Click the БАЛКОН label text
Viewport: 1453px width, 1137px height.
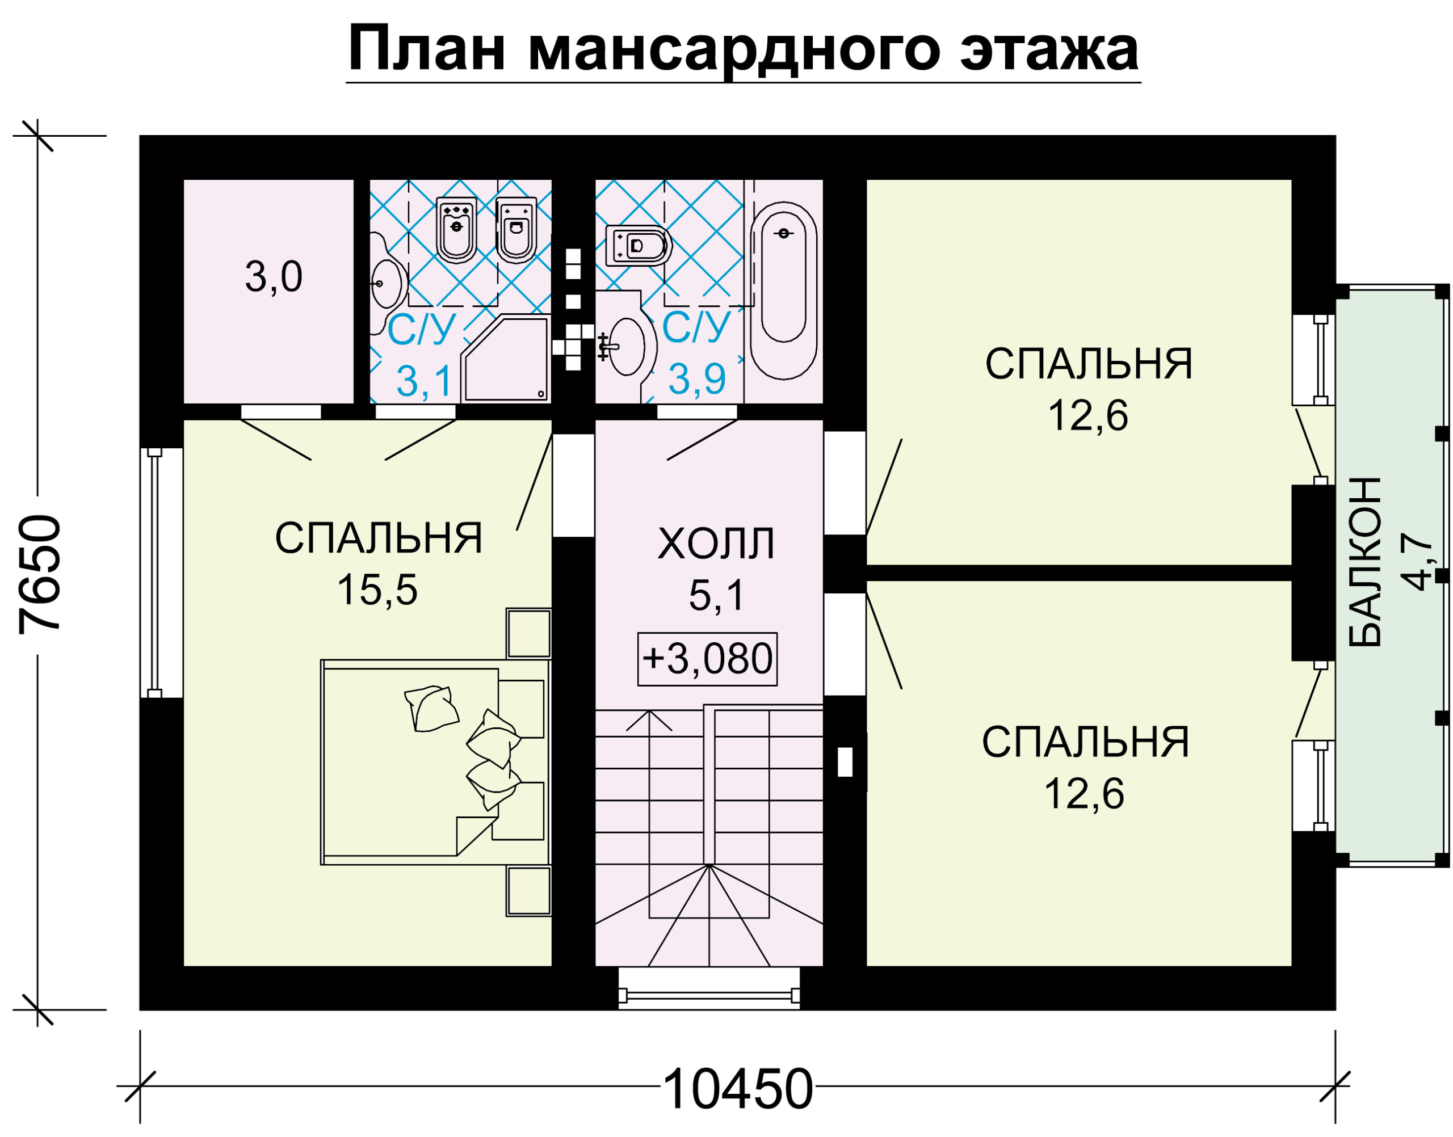pyautogui.click(x=1365, y=562)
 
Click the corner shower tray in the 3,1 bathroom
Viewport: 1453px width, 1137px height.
pyautogui.click(x=505, y=360)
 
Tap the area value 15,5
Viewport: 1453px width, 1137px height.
pyautogui.click(x=377, y=590)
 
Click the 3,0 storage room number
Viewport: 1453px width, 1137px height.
pyautogui.click(x=274, y=276)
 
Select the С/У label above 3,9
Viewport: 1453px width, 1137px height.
pyautogui.click(x=697, y=327)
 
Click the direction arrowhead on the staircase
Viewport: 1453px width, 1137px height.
pyautogui.click(x=649, y=721)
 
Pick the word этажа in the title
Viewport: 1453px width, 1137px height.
pyautogui.click(x=1049, y=50)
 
